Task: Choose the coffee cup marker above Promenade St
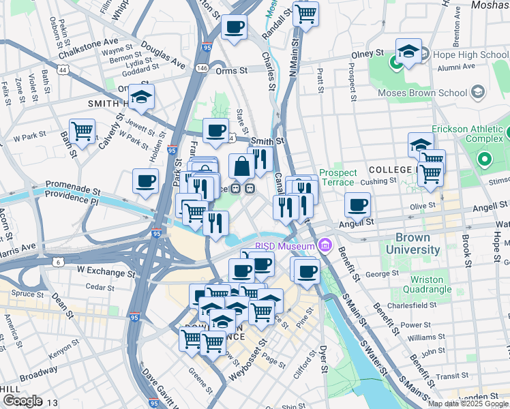tap(145, 181)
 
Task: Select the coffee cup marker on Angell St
tap(357, 204)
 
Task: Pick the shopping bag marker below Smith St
tap(241, 166)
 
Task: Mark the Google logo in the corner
tap(22, 401)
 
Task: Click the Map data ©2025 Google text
tap(468, 404)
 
